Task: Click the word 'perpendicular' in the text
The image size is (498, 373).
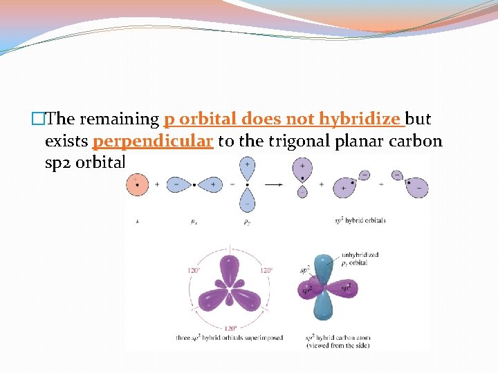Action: coord(152,142)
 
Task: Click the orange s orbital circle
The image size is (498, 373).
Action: coord(136,185)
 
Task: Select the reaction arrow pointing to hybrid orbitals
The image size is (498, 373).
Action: coord(274,184)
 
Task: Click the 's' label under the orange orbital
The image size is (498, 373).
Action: coord(136,221)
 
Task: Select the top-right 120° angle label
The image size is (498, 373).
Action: coord(266,270)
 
